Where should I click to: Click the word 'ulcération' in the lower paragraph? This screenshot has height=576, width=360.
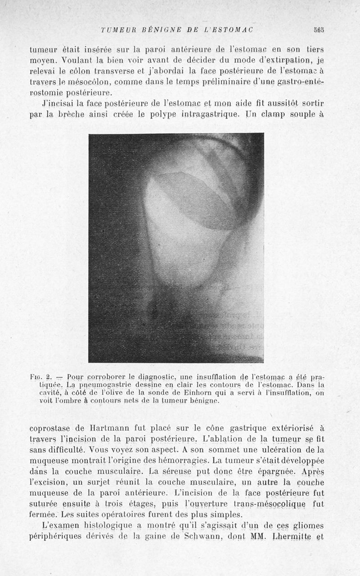tap(275, 450)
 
